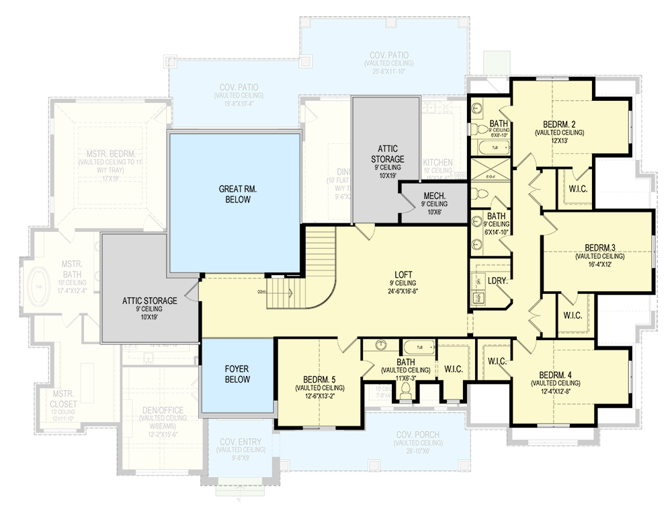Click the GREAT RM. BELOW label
pos(234,194)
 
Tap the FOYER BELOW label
pos(238,374)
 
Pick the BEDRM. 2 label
pos(559,124)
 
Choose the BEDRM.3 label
pos(599,247)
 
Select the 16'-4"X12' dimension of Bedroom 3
pos(599,265)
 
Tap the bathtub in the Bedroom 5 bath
pos(419,348)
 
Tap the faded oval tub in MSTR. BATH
pos(39,286)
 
